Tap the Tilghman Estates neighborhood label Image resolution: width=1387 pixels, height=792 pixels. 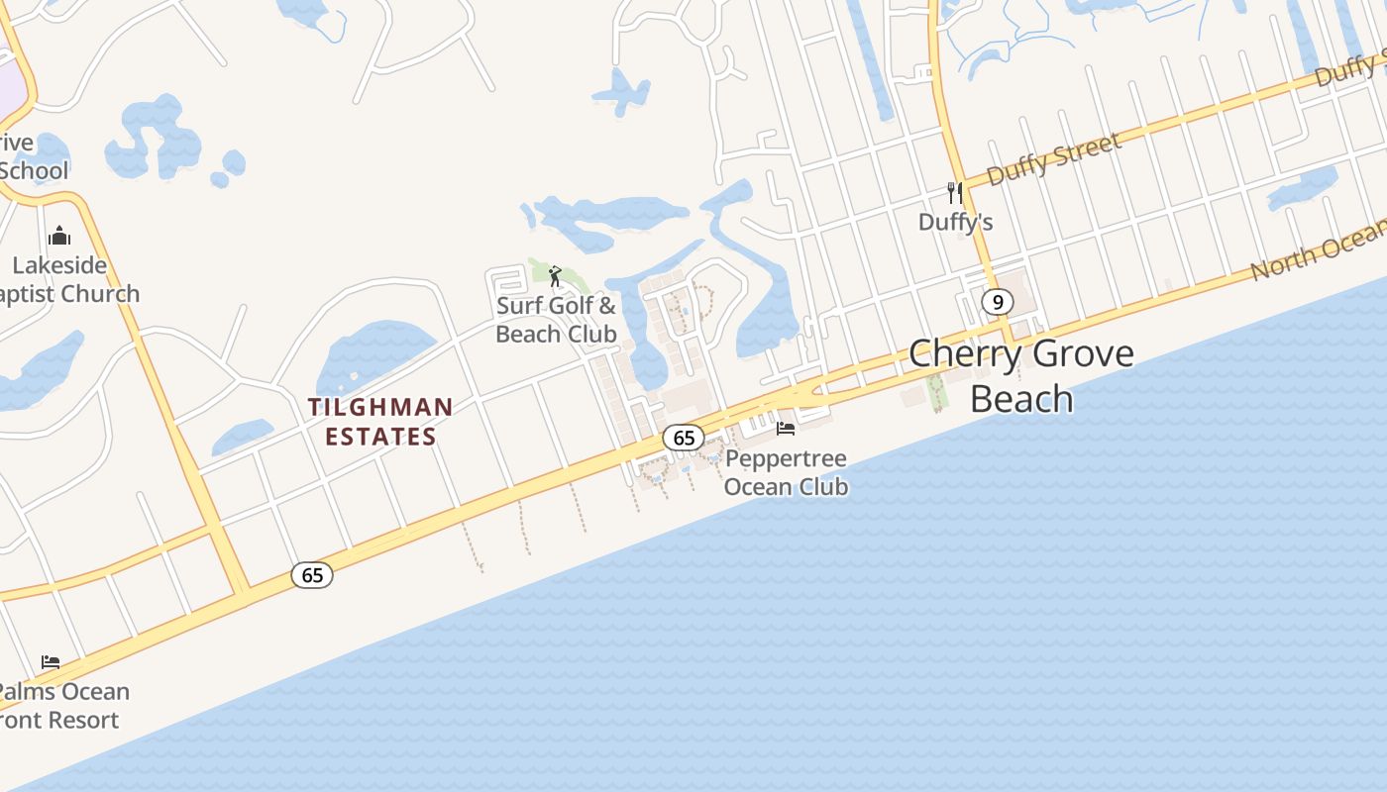click(x=380, y=422)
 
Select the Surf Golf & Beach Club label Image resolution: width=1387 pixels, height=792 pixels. click(x=556, y=320)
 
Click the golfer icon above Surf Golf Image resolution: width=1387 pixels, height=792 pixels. click(x=555, y=275)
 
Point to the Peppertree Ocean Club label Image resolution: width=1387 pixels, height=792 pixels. click(x=786, y=472)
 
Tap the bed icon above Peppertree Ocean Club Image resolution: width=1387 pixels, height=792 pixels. click(x=786, y=429)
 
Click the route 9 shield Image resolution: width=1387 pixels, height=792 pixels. click(x=998, y=302)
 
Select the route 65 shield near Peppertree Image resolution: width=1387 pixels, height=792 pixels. click(x=684, y=438)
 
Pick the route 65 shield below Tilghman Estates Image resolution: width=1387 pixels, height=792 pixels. click(x=312, y=575)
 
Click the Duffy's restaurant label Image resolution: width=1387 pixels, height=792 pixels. click(x=955, y=222)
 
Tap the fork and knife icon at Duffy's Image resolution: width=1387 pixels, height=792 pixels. click(x=955, y=192)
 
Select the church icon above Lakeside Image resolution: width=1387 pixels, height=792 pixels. click(x=59, y=236)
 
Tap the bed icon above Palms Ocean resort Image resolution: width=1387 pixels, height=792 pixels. click(x=51, y=661)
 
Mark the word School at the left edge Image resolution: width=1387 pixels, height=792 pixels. click(x=35, y=170)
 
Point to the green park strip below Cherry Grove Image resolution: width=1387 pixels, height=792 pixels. click(x=936, y=392)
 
